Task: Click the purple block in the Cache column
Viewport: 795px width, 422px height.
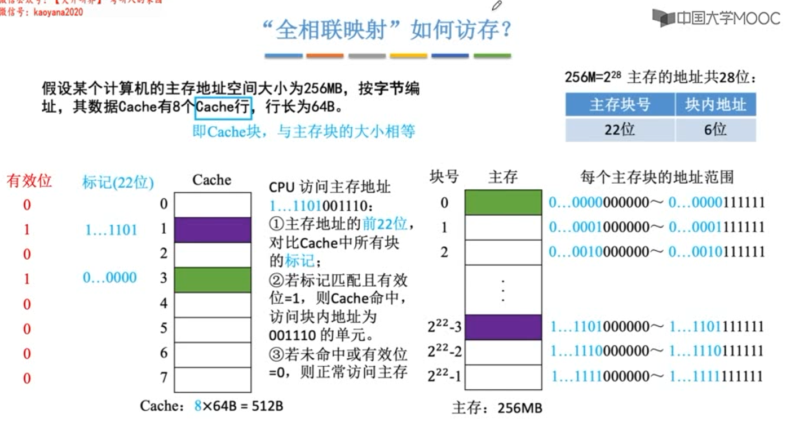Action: pos(213,230)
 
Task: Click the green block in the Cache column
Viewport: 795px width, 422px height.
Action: pos(213,279)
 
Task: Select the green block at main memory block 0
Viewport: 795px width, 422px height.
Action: pos(503,202)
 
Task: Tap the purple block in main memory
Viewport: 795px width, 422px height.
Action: pos(503,327)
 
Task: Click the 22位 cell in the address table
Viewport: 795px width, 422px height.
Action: pos(620,130)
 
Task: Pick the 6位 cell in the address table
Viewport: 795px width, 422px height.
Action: pos(715,130)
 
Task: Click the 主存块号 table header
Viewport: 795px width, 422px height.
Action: pos(620,105)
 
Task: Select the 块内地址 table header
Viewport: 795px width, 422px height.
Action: pos(715,105)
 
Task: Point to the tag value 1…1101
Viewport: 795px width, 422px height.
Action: pos(111,230)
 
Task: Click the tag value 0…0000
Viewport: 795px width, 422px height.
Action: pos(110,278)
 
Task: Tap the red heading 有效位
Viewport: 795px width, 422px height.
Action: pos(29,181)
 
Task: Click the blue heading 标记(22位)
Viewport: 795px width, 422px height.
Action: pos(118,183)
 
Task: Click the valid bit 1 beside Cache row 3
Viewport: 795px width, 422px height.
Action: pos(27,279)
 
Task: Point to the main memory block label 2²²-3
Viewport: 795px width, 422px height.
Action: pos(444,327)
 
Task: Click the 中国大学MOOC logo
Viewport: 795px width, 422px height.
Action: pos(716,18)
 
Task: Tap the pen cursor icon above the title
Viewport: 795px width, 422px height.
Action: pos(497,6)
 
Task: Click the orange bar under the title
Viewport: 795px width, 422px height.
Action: pos(325,56)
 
